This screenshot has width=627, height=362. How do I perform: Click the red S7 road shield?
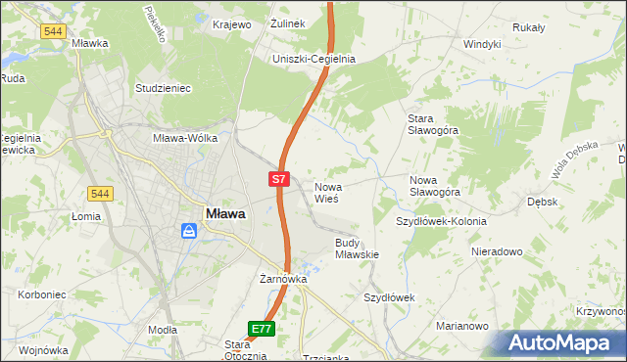point(279,179)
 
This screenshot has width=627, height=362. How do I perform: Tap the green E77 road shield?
point(261,330)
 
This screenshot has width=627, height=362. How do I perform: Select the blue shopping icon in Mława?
point(189,231)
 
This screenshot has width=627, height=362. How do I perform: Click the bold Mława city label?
point(225,212)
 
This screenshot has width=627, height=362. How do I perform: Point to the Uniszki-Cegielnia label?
point(313,59)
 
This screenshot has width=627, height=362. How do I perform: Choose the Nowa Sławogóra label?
point(435,186)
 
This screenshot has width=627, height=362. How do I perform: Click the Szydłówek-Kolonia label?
point(441,221)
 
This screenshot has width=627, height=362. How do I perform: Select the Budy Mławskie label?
point(357,248)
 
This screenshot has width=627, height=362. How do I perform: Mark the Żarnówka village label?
point(283,279)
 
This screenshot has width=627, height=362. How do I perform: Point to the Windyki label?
point(482,44)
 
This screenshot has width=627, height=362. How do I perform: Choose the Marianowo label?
point(462,326)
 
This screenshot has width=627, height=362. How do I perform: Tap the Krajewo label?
point(232,23)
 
